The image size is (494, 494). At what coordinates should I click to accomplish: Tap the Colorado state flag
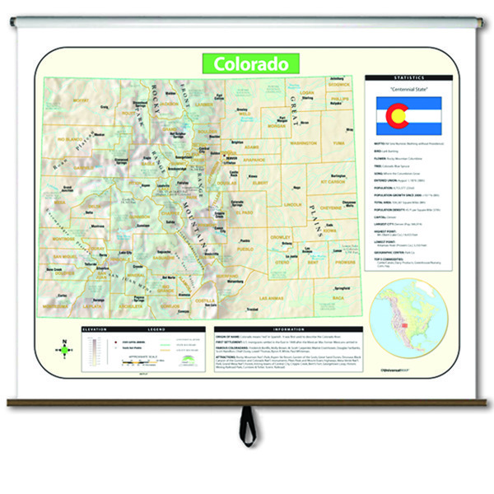point(409,116)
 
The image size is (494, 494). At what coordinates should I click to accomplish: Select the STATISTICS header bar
point(409,78)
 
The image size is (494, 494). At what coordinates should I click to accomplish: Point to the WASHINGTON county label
point(304,143)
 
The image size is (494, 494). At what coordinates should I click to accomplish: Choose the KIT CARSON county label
point(337,182)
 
